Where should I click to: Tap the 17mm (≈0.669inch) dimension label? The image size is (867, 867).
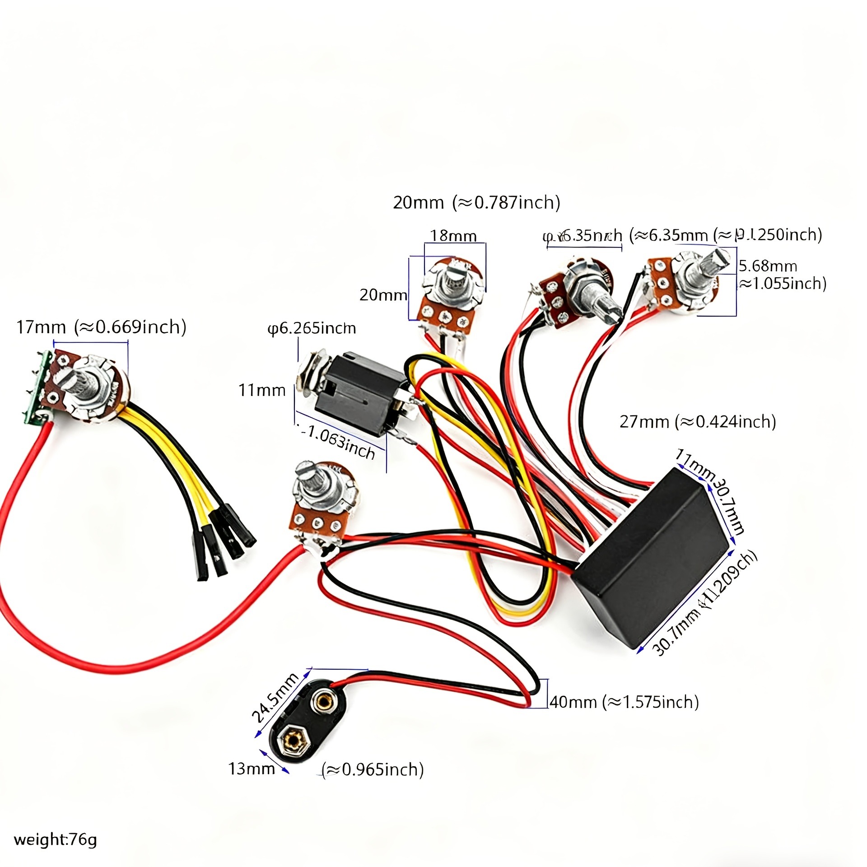click(101, 327)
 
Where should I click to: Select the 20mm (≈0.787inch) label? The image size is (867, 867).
click(476, 202)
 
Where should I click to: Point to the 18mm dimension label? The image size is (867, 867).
click(453, 236)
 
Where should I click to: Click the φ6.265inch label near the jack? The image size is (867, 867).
click(312, 328)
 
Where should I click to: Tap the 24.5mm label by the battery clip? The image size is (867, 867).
click(275, 698)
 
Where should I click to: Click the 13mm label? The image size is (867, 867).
click(251, 769)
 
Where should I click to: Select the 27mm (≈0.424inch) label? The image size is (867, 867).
click(697, 422)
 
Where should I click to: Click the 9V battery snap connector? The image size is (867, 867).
click(307, 725)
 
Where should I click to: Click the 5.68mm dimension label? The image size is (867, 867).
click(768, 266)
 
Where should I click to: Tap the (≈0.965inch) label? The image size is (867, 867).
click(373, 769)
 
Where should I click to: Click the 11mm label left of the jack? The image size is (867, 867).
click(262, 390)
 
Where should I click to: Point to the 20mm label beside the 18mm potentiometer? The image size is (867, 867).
click(383, 295)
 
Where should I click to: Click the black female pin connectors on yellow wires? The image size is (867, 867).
click(224, 546)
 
